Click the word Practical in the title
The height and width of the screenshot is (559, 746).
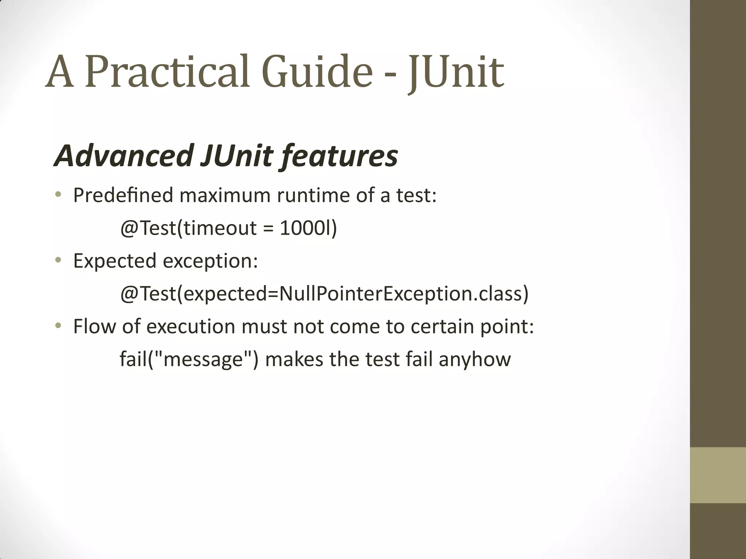click(x=168, y=72)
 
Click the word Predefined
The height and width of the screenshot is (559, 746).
click(x=123, y=195)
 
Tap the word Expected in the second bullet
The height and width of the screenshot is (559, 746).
click(x=115, y=261)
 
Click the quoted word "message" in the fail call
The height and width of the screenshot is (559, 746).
click(x=203, y=359)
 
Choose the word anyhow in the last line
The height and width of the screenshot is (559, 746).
click(x=475, y=360)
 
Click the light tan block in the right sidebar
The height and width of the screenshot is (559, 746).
click(x=718, y=475)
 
